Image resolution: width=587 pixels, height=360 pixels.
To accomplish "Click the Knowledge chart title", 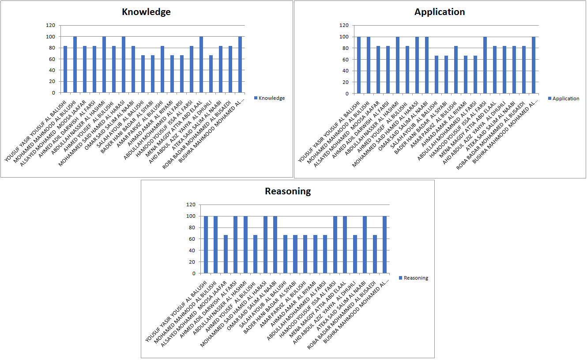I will [146, 12].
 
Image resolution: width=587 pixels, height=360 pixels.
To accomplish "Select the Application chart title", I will [440, 12].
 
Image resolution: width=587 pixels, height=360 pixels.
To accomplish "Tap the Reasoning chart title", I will [288, 191].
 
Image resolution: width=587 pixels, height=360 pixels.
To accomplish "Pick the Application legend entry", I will [563, 99].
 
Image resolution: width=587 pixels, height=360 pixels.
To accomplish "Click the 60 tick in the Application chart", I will [347, 60].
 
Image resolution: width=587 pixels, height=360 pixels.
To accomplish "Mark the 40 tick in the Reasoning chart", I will [192, 250].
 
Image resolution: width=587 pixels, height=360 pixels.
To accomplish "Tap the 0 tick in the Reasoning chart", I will [193, 273].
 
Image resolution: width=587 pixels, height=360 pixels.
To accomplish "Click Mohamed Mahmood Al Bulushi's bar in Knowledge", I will [75, 64].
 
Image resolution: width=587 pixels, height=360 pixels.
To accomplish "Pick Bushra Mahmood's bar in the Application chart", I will [534, 65].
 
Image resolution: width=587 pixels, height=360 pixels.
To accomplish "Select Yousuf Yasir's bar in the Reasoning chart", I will [206, 245].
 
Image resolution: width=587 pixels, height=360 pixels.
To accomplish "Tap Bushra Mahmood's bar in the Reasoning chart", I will [385, 245].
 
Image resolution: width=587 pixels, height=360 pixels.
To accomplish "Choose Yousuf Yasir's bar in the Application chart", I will [359, 65].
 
